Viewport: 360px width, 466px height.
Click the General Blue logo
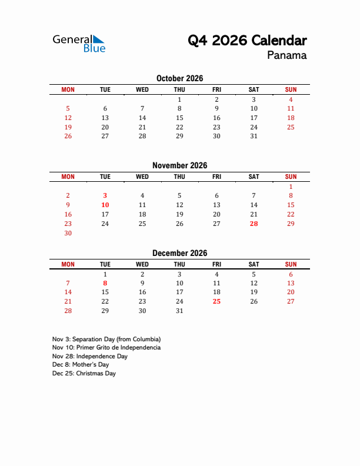click(79, 44)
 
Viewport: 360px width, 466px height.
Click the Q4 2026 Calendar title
click(247, 41)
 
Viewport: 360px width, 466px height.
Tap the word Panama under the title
click(286, 56)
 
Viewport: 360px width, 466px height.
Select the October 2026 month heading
click(179, 78)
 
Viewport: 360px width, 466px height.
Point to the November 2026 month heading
click(179, 165)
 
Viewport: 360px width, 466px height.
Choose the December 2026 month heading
click(179, 253)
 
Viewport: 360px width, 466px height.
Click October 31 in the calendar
click(254, 136)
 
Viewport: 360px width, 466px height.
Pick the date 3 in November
click(105, 195)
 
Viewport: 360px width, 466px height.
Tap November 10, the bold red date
click(105, 205)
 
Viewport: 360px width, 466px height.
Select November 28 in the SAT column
click(254, 224)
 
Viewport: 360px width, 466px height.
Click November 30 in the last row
click(68, 233)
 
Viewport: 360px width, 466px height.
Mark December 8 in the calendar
click(105, 283)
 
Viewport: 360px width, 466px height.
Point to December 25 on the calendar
click(216, 301)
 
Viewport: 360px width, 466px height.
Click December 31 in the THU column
click(179, 311)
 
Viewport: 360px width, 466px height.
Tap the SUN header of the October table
click(291, 89)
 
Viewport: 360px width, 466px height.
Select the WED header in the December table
click(142, 264)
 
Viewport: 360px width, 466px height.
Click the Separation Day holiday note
click(106, 339)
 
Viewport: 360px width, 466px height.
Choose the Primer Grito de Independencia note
click(106, 348)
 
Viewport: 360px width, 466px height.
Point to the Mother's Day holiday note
click(81, 365)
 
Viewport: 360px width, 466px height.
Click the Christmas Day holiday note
click(84, 374)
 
